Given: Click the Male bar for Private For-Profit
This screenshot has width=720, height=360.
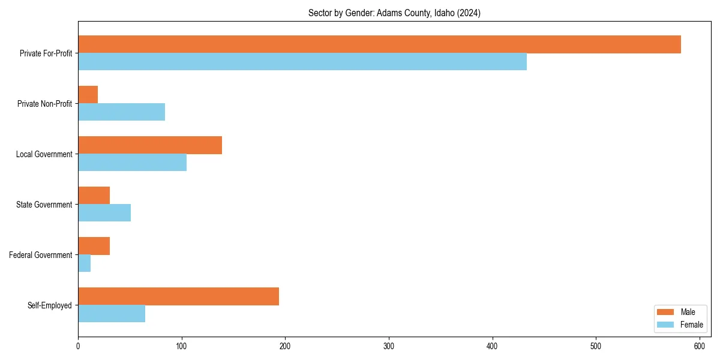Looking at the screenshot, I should click(379, 44).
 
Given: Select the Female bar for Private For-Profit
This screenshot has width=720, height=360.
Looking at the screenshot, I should click(302, 62).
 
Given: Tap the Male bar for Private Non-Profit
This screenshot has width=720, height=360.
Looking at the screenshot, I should click(88, 95).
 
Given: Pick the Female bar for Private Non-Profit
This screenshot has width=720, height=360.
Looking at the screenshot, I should click(121, 112).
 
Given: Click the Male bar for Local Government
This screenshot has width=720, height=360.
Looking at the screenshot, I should click(150, 145).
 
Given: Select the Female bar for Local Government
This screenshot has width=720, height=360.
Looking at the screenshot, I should click(132, 163).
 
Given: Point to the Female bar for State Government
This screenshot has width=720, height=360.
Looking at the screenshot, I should click(104, 213).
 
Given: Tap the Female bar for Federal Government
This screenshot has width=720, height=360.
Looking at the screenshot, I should click(85, 263).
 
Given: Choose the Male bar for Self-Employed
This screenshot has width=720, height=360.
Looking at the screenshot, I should click(178, 296).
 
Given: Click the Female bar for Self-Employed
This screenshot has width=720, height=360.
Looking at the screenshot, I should click(112, 314).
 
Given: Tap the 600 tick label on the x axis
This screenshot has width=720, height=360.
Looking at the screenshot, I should click(700, 346).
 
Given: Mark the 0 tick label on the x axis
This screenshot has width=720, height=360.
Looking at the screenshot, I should click(78, 346).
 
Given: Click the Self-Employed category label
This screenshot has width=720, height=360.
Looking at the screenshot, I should click(50, 305).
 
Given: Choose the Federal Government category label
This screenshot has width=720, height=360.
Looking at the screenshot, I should click(41, 255).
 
